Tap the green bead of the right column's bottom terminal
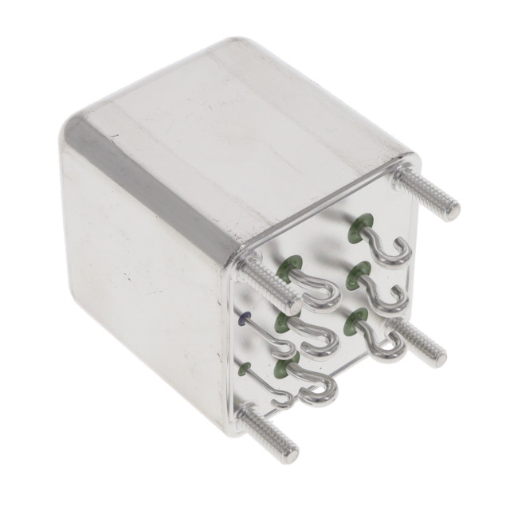pyautogui.click(x=351, y=323)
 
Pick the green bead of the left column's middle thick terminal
pyautogui.click(x=282, y=322)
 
